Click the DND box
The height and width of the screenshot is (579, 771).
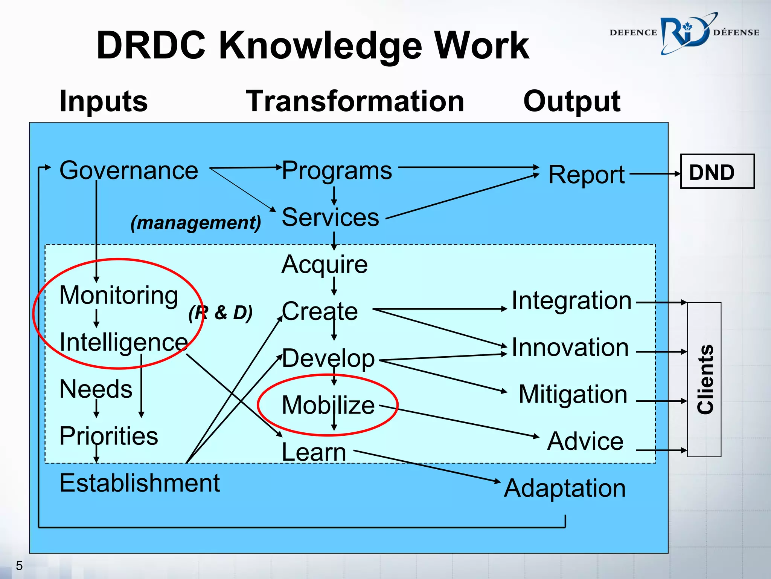click(x=717, y=172)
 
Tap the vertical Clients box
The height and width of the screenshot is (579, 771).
click(x=704, y=379)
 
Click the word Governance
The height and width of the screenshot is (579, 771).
click(x=128, y=170)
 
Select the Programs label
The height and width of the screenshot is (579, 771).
click(x=337, y=170)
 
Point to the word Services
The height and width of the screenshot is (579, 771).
click(x=330, y=218)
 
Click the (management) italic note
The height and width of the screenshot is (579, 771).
click(x=196, y=222)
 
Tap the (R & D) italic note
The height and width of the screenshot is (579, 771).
click(x=221, y=312)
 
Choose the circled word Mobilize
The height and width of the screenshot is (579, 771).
click(x=328, y=405)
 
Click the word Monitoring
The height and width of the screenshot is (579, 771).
click(x=119, y=295)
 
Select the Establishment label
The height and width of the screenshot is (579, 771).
click(x=139, y=483)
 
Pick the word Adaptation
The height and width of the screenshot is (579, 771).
click(x=565, y=488)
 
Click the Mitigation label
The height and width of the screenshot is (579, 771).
click(x=573, y=394)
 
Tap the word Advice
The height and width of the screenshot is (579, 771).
click(x=585, y=441)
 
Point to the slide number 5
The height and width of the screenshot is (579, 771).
click(x=19, y=565)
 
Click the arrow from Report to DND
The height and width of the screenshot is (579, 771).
click(x=654, y=174)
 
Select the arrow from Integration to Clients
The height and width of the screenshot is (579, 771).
click(x=661, y=302)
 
